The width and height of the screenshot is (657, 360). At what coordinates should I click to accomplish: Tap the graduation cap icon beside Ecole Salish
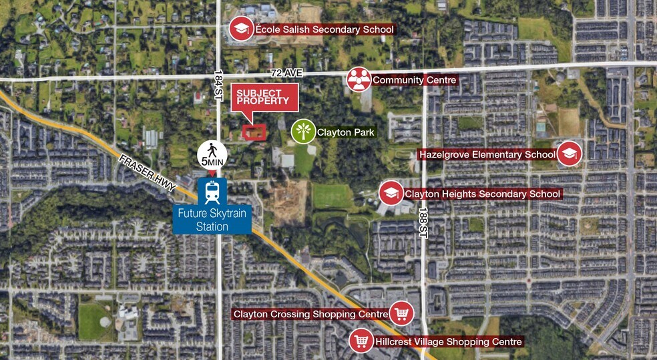point(240,29)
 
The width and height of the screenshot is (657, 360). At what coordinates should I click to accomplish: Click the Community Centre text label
point(414,80)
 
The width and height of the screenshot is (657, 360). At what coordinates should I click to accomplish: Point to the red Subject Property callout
point(264,98)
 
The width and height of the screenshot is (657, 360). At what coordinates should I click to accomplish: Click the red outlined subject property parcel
point(254,132)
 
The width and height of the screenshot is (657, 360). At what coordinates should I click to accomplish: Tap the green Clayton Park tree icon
point(303,132)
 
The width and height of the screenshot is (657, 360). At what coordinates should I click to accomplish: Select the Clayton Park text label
point(345,132)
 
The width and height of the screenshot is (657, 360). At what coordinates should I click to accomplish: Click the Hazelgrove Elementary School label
point(487,154)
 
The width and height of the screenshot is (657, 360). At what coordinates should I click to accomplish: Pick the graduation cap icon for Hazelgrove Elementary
point(570,154)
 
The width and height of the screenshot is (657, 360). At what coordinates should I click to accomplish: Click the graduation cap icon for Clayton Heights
point(391,193)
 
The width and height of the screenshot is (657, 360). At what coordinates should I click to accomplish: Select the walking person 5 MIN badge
point(213,155)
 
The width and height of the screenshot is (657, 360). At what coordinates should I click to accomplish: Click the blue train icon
point(213,192)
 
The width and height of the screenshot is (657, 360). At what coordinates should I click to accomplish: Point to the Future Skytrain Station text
point(212,221)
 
